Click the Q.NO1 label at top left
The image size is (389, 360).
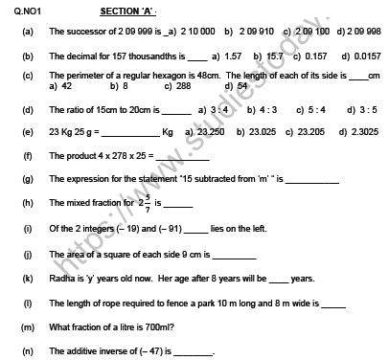tap(16, 11)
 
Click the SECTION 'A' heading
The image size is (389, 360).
tap(127, 11)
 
